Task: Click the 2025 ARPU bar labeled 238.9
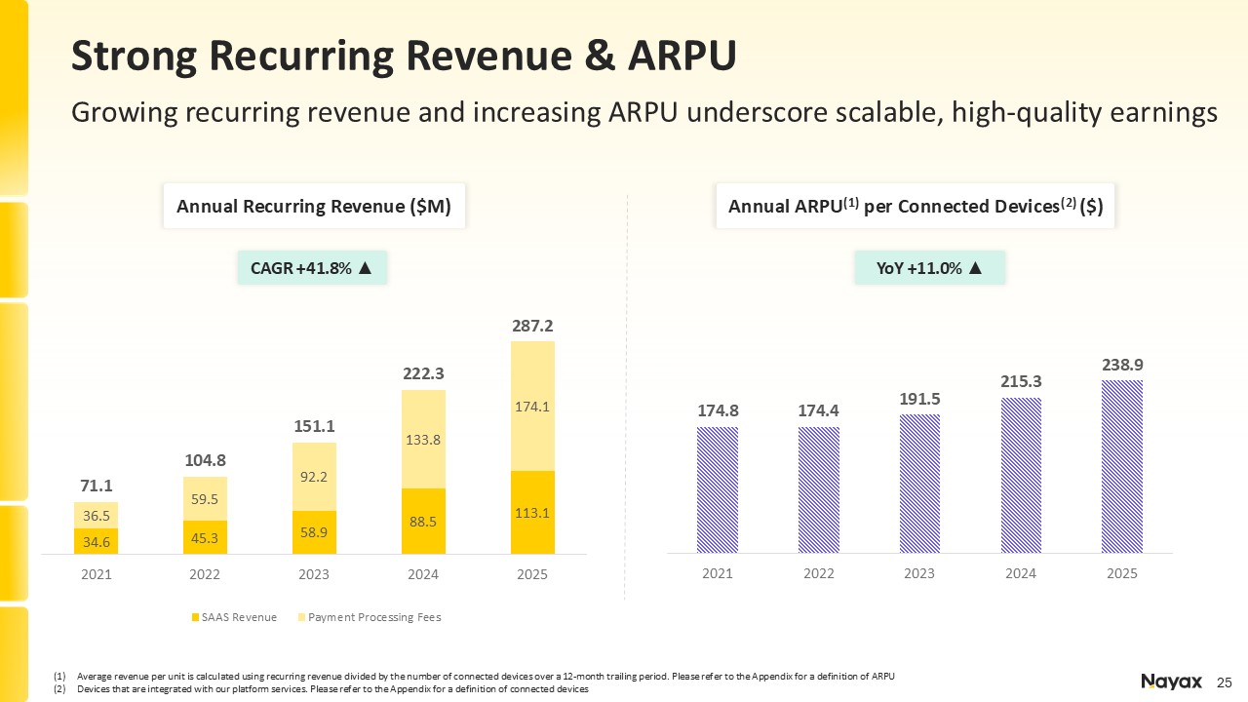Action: pos(1122,466)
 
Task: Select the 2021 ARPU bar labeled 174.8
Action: pos(718,489)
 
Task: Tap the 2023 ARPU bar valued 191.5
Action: pos(919,484)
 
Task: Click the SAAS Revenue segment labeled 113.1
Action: pos(532,513)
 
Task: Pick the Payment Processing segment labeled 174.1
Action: pos(532,407)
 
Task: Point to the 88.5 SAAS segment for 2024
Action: pos(423,521)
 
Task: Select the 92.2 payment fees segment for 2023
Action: pos(314,477)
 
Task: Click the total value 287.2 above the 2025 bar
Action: pos(532,325)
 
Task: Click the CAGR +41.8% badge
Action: pos(312,267)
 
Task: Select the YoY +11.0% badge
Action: pos(929,267)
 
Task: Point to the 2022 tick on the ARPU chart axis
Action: pos(818,574)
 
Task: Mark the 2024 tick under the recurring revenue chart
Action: pos(423,575)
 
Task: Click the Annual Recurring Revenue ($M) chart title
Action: pos(313,207)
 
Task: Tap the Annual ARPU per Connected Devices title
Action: pos(915,207)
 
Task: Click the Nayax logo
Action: pos(1171,682)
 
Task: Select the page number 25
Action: pos(1225,682)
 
